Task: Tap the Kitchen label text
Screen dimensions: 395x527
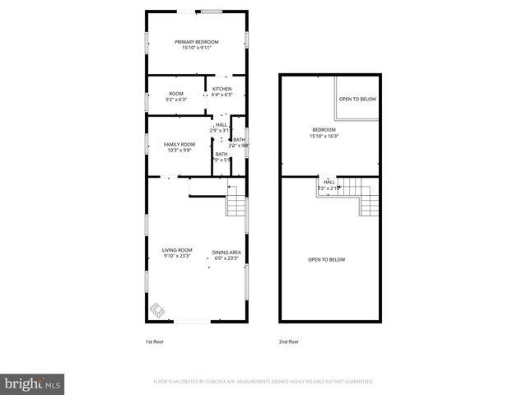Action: tap(222, 89)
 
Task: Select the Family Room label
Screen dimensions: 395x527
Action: tap(179, 145)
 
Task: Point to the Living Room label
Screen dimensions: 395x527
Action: tap(177, 250)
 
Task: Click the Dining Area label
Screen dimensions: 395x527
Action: tap(226, 253)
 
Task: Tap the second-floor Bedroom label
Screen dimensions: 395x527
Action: tap(324, 130)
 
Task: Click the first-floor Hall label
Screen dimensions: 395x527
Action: tap(222, 125)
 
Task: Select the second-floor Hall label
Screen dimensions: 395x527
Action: tap(329, 182)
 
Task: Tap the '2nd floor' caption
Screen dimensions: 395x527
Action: tap(288, 340)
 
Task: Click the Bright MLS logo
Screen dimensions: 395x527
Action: tap(33, 383)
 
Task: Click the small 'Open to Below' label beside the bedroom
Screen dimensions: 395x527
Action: tap(357, 99)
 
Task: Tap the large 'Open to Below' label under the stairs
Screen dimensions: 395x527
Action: tap(327, 260)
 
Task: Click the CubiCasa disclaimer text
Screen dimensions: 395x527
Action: tap(263, 382)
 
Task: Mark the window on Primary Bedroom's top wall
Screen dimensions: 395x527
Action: tap(212, 12)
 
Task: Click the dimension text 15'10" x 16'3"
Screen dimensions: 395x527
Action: tap(324, 136)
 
